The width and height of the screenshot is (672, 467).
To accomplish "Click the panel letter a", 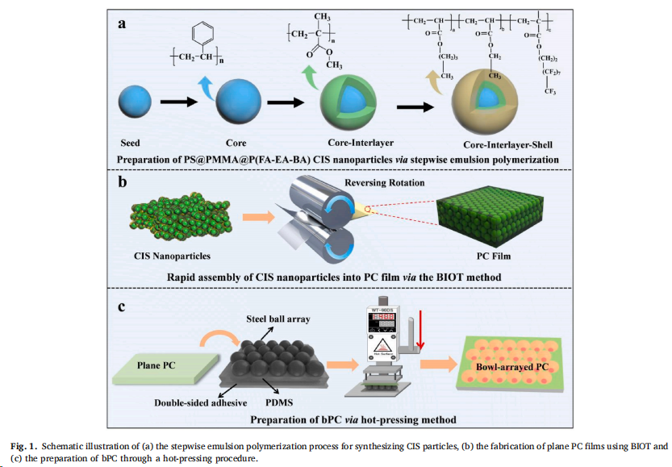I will coord(123,23).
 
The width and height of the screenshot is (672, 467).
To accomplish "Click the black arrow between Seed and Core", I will coord(177,102).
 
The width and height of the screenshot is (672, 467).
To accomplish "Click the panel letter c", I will coord(122,306).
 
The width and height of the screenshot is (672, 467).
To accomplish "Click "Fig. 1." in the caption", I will coord(25,444).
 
